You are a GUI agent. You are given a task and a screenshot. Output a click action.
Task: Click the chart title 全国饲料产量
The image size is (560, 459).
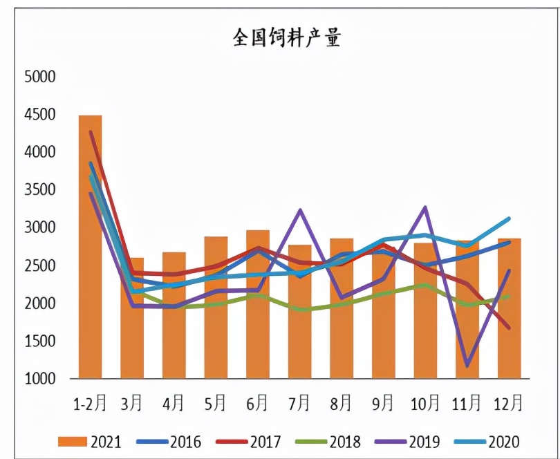286,38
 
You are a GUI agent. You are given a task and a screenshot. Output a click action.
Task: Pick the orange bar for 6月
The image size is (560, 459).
257,304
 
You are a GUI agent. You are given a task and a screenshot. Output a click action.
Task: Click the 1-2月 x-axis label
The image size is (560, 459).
90,403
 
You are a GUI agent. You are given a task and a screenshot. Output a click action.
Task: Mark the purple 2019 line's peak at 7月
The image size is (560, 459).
299,209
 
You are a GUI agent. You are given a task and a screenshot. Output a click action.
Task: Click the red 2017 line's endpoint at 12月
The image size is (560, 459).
509,328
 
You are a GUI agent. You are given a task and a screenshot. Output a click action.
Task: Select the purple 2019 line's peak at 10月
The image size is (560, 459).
424,207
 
